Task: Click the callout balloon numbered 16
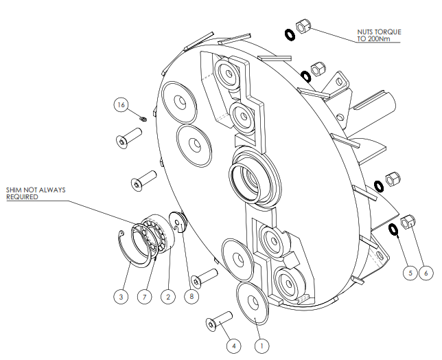coord(121,105)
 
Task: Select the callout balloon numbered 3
coord(121,297)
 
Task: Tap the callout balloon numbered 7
coord(143,297)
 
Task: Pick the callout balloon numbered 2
coord(167,297)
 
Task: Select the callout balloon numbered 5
coord(410,273)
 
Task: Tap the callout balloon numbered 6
coord(427,273)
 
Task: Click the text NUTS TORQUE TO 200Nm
coord(377,35)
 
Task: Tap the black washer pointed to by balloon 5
coord(393,229)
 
